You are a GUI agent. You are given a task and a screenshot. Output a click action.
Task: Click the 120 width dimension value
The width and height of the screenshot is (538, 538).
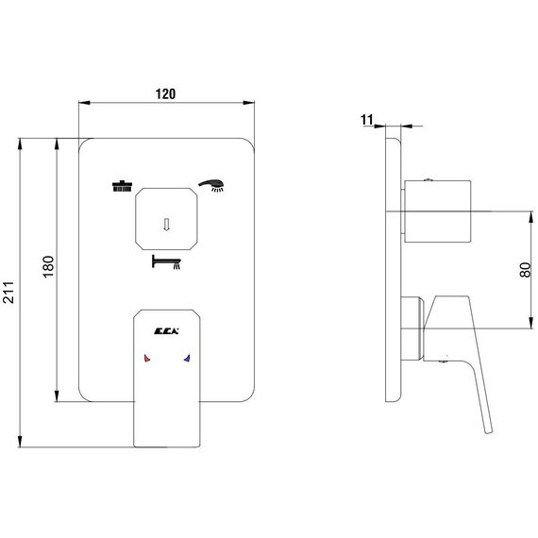[165, 94]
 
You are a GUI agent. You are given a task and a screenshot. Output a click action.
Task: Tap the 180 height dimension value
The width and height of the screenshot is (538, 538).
[49, 266]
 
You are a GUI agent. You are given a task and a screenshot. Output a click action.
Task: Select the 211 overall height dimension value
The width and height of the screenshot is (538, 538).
[8, 292]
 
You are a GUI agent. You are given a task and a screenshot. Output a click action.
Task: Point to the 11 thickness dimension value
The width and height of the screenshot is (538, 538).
[366, 120]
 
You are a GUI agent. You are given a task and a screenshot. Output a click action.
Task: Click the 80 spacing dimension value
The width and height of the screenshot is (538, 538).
[525, 270]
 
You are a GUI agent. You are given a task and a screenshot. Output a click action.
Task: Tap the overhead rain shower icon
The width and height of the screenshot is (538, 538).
[122, 186]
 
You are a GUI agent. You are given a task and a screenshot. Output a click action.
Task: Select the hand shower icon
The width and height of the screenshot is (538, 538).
[211, 185]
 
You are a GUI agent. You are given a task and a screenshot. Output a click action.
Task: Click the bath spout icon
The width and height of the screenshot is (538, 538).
[166, 261]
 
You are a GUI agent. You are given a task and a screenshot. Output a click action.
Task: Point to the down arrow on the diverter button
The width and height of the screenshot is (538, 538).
[166, 225]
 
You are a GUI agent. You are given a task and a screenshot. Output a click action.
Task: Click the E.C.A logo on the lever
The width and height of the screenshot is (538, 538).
[166, 331]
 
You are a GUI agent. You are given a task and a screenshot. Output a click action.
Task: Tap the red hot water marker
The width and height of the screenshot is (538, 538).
[147, 359]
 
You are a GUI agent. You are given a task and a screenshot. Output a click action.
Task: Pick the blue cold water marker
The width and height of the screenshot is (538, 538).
[187, 359]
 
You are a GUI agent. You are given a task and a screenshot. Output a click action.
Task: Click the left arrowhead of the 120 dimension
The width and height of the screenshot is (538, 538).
[84, 102]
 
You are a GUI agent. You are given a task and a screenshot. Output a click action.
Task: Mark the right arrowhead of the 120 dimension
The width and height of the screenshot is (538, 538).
[249, 102]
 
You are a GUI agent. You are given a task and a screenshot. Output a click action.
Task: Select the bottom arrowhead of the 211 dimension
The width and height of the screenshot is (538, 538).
[20, 442]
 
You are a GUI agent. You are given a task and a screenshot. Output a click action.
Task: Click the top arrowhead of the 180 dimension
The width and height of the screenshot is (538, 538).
[57, 144]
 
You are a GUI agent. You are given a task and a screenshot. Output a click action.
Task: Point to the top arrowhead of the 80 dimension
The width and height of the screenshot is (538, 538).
[530, 217]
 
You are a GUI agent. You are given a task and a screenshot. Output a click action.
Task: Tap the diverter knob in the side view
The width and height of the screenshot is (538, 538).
[438, 211]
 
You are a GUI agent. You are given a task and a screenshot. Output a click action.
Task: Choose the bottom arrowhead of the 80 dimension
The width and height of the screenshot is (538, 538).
[530, 323]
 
